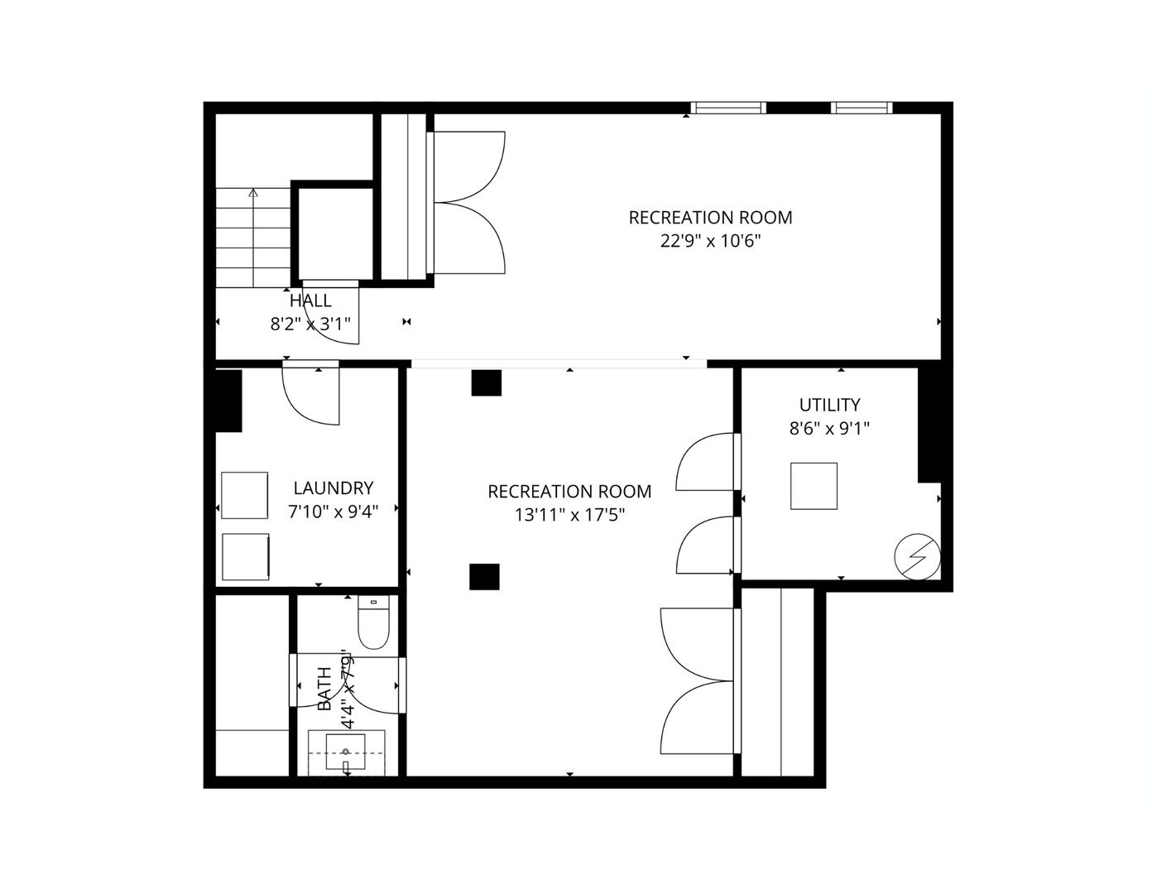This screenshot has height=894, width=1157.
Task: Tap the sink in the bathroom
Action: click(x=346, y=752)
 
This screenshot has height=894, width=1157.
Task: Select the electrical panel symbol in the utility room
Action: click(x=918, y=556)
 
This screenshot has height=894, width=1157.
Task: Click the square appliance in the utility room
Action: click(x=814, y=486)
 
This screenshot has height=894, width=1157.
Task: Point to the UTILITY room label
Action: click(x=829, y=405)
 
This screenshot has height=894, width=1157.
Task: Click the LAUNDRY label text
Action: click(x=333, y=488)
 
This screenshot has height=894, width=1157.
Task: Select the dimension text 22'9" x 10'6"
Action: click(x=710, y=241)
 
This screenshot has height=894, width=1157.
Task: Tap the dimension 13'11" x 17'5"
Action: click(x=569, y=515)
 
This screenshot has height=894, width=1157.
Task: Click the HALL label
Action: click(x=310, y=300)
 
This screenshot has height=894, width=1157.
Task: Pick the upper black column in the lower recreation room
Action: click(x=487, y=382)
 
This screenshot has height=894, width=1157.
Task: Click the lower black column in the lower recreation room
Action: click(x=484, y=577)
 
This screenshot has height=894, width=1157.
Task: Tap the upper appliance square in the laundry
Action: click(x=245, y=495)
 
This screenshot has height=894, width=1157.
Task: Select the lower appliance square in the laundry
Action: click(x=246, y=557)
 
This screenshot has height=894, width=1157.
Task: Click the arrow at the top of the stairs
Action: click(x=253, y=194)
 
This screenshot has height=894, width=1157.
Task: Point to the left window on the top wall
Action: click(x=728, y=108)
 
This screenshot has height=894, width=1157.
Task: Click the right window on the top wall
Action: click(x=862, y=108)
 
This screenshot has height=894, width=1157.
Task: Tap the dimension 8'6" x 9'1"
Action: click(x=829, y=429)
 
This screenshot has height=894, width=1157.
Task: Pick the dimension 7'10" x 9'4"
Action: click(x=333, y=512)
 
